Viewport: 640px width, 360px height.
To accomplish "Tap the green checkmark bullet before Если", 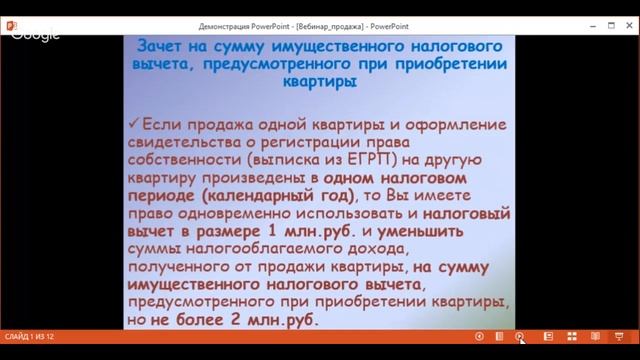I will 136,125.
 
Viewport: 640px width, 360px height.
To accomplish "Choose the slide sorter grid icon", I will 571,337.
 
